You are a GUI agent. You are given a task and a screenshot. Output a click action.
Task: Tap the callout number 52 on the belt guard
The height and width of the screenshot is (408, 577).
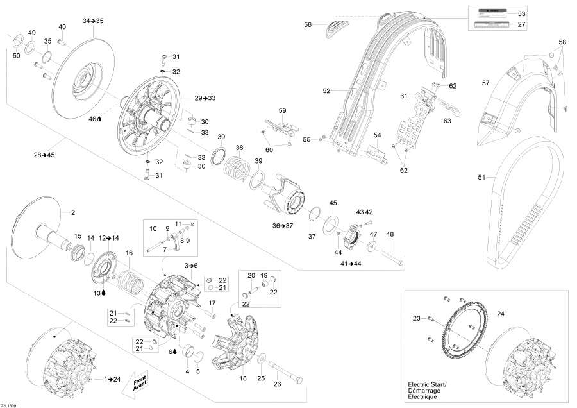click(326, 91)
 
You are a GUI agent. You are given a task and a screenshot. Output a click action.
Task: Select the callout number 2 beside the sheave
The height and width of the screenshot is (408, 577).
click(72, 212)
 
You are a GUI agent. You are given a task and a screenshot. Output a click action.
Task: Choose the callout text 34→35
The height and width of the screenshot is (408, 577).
click(93, 21)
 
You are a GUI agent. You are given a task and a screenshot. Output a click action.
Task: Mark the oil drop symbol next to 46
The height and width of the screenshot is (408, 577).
click(99, 119)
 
